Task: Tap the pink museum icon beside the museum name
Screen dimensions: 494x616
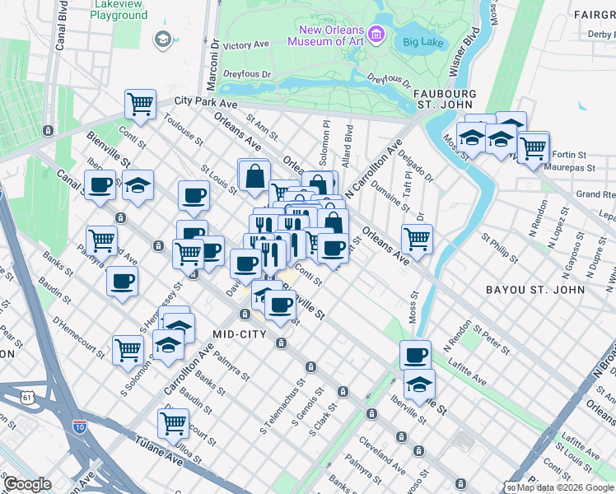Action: (x=376, y=35)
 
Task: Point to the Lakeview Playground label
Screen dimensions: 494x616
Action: (x=120, y=10)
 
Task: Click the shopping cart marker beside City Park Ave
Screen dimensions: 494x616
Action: (x=141, y=104)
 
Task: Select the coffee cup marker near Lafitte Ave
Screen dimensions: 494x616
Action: (x=416, y=355)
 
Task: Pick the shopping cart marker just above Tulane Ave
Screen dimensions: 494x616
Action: (x=173, y=423)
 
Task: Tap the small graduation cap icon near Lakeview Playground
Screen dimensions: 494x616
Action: (x=162, y=39)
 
